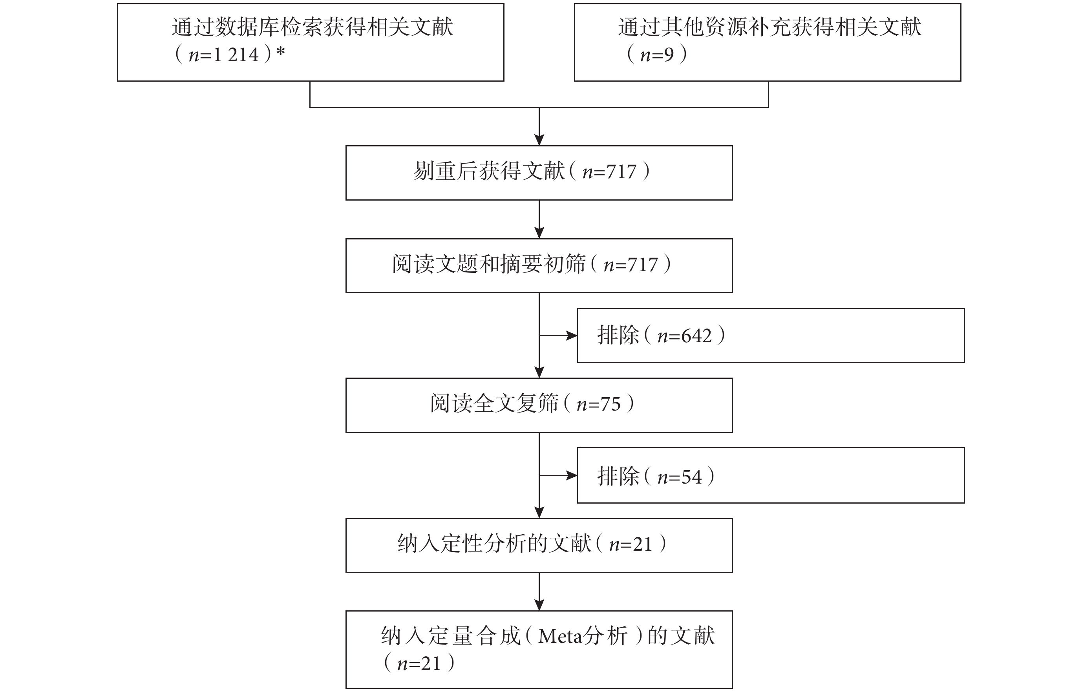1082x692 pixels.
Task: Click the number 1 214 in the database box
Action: point(236,55)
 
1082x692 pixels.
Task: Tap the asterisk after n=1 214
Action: point(281,53)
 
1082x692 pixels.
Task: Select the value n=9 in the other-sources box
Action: point(656,55)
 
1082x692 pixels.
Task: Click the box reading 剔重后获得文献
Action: point(539,173)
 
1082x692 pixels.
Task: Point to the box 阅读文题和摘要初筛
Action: point(539,266)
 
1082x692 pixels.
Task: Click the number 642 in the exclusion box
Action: point(696,336)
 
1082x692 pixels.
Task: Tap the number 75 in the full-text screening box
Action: point(610,404)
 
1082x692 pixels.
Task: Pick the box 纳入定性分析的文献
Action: point(539,546)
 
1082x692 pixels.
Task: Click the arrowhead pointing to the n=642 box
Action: point(572,335)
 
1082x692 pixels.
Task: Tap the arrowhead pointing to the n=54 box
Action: point(572,475)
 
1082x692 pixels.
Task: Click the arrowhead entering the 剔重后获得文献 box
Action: point(539,140)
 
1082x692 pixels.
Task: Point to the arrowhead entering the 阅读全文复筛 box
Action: point(539,372)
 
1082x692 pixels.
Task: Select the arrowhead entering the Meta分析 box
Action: point(539,605)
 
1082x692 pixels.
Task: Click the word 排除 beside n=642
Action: point(618,335)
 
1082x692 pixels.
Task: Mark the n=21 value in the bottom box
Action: point(419,664)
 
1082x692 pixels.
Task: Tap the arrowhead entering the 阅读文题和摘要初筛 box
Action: point(539,233)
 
